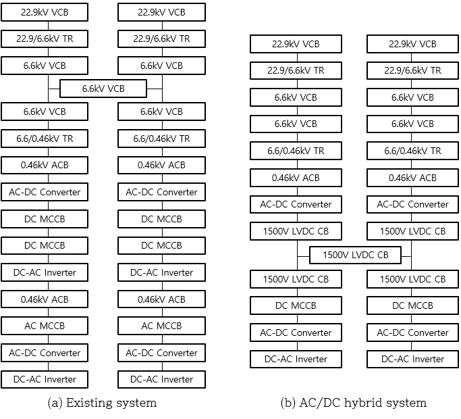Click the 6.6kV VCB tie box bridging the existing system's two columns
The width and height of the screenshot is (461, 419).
(x=103, y=89)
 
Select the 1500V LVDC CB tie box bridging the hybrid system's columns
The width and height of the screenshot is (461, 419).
(x=355, y=255)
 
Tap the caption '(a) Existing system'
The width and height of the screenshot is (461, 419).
(x=102, y=403)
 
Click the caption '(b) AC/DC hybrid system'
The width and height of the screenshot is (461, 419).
(x=354, y=403)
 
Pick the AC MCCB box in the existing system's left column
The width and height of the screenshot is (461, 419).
(x=45, y=326)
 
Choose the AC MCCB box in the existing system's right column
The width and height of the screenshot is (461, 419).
(x=161, y=326)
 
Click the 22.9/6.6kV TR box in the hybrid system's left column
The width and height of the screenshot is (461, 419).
(x=296, y=70)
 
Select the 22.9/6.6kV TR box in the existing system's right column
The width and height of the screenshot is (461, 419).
(x=161, y=39)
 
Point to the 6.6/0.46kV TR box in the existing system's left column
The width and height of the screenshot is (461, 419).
(x=45, y=139)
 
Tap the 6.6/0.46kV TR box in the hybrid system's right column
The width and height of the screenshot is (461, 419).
(x=412, y=151)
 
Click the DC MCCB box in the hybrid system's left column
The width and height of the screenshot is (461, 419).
(x=296, y=305)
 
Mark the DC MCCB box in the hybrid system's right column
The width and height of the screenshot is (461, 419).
(x=412, y=305)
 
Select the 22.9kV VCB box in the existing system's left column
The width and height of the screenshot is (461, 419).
(x=45, y=12)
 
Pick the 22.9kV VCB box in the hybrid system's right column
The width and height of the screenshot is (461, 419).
(x=412, y=44)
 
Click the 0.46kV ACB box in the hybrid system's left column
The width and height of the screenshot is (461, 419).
(x=296, y=178)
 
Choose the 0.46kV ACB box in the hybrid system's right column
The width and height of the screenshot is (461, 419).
(x=412, y=178)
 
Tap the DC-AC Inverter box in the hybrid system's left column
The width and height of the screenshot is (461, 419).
(x=296, y=359)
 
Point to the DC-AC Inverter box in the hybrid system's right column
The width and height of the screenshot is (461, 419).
(x=412, y=359)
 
